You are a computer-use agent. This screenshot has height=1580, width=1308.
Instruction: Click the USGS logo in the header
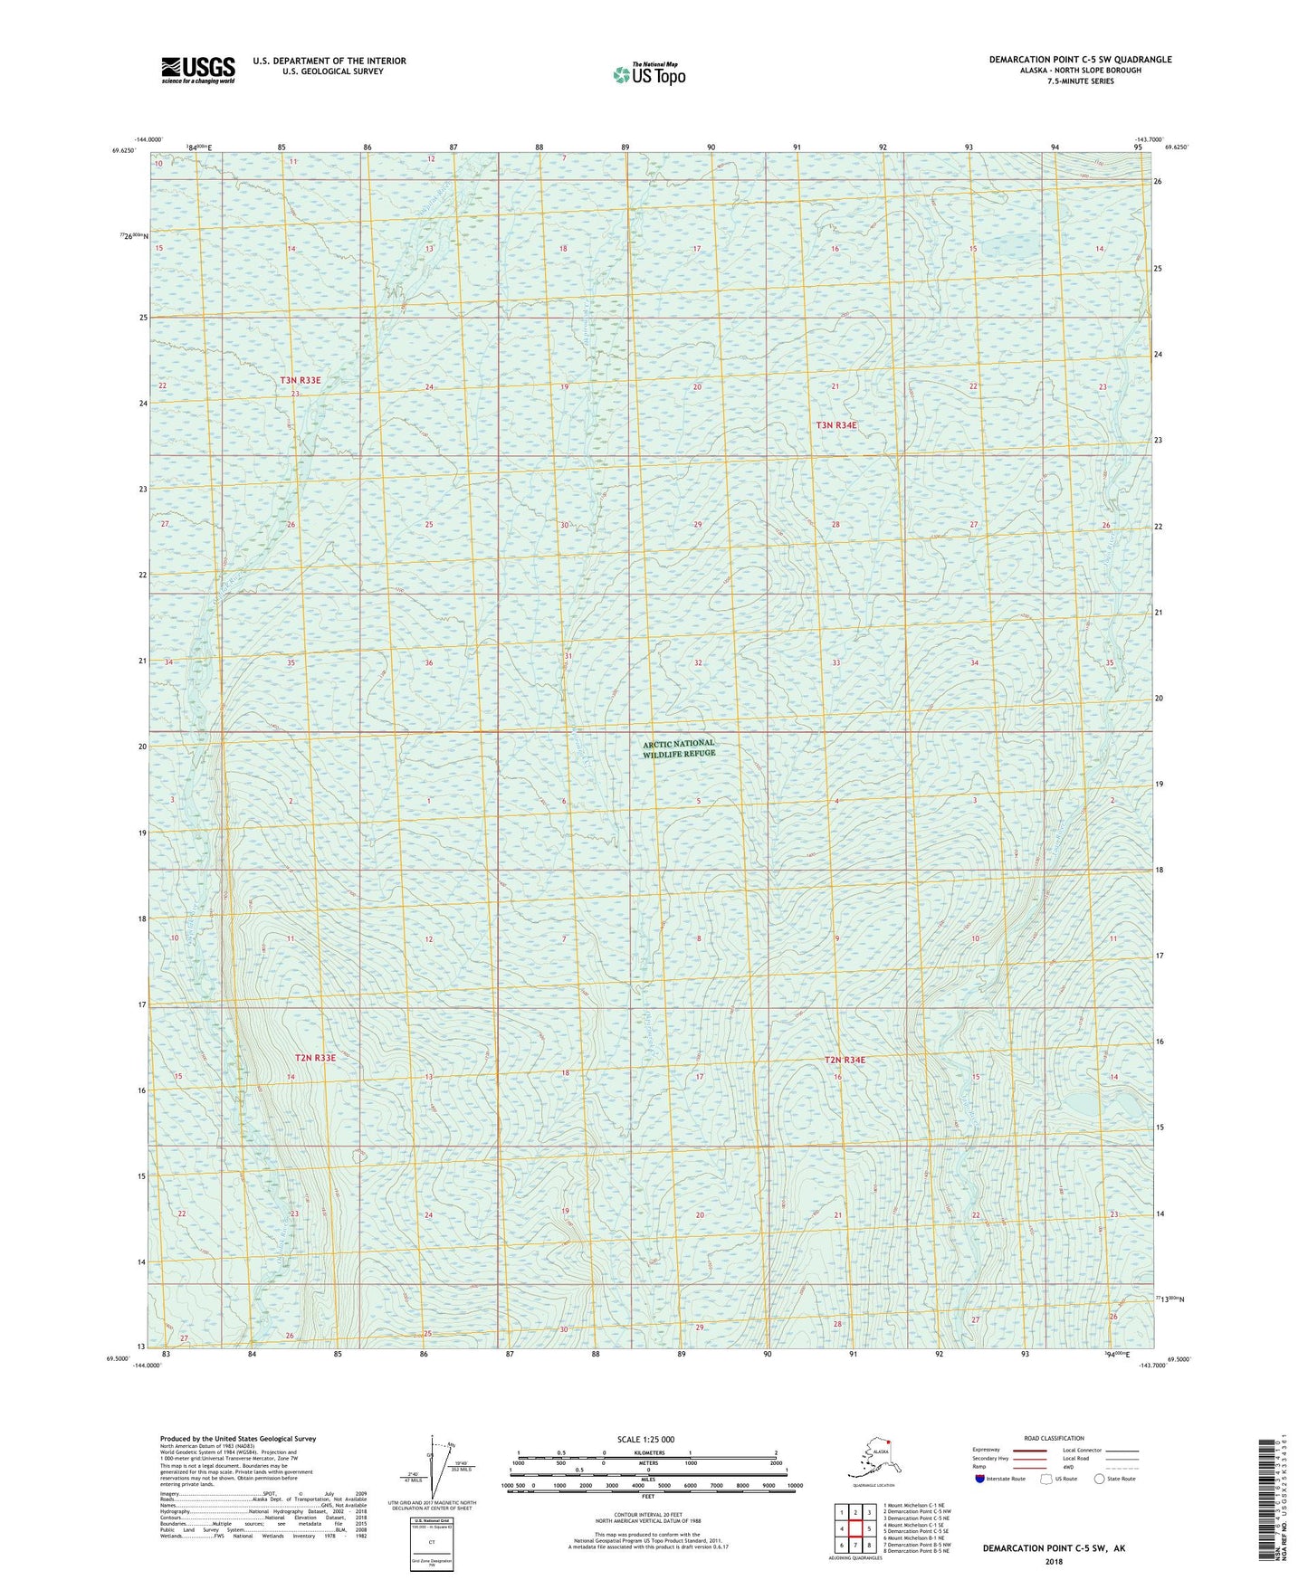197,70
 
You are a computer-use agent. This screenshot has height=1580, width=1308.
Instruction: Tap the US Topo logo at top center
648,74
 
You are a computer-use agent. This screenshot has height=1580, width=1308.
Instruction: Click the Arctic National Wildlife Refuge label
679,747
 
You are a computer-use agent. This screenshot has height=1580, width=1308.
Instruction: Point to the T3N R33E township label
301,381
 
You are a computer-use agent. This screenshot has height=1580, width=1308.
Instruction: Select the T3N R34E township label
835,424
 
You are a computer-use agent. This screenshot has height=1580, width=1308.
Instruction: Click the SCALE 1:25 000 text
646,1440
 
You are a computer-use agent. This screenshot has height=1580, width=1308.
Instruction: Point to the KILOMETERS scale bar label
646,1452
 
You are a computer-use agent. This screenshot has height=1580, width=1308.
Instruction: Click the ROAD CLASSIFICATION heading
1054,1438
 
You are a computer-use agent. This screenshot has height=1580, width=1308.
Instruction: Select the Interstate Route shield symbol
980,1479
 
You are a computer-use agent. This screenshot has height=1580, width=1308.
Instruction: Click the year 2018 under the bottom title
1054,1562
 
